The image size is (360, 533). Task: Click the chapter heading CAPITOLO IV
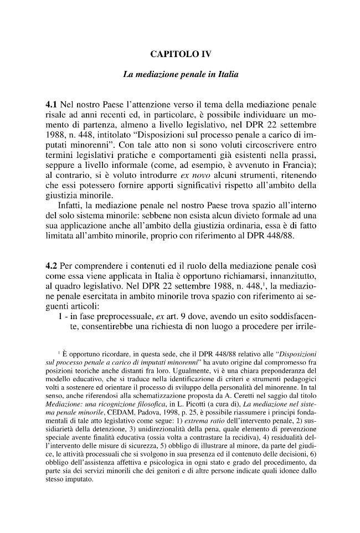pyautogui.click(x=180, y=54)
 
